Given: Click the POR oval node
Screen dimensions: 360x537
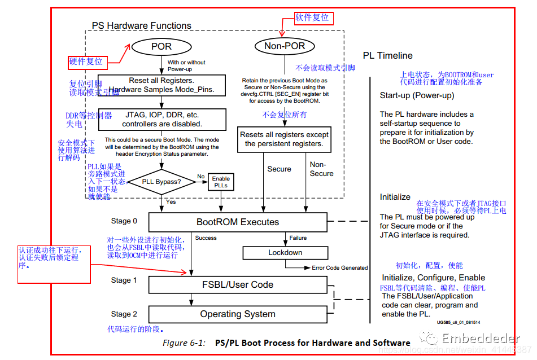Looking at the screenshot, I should (x=161, y=46).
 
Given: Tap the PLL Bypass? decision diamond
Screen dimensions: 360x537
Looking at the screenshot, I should (x=161, y=182).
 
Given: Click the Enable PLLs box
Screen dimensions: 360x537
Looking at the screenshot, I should (x=221, y=182).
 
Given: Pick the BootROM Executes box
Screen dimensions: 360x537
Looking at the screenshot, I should (x=238, y=222).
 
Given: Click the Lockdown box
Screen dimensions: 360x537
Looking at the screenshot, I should (x=285, y=253).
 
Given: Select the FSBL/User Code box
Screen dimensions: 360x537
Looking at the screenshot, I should (x=238, y=284).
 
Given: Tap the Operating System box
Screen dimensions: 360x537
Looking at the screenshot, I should (x=238, y=314).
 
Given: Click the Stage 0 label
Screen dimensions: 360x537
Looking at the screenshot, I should (x=124, y=221).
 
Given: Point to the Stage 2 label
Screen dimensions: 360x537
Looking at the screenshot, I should (x=124, y=314).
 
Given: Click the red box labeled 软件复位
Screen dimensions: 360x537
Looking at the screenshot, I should (x=312, y=17).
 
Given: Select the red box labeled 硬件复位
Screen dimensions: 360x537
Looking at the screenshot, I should (x=86, y=61).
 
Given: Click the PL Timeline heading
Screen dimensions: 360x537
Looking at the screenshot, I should (x=387, y=55).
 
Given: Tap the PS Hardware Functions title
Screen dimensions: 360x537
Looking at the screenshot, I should (x=141, y=25).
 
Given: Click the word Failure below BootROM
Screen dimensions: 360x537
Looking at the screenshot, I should (x=299, y=238).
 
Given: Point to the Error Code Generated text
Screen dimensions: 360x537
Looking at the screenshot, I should (x=339, y=267).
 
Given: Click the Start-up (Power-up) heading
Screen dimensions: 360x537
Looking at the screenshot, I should (x=417, y=95).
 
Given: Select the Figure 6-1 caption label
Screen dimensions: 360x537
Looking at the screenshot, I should (x=182, y=343).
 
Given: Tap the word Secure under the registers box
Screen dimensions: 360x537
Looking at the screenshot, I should (x=279, y=169).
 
